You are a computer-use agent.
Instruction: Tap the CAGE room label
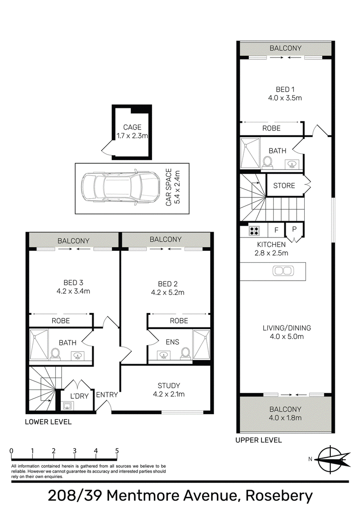132,127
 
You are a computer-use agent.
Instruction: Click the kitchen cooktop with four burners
254,230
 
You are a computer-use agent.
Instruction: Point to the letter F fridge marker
276,230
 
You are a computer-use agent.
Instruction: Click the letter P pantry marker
294,229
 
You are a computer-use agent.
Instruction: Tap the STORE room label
284,185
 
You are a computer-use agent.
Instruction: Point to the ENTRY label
107,395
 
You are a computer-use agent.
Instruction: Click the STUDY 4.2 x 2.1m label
169,390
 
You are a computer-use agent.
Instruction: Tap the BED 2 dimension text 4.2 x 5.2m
168,292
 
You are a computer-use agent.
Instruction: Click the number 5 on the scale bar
117,451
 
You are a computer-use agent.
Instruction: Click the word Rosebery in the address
279,496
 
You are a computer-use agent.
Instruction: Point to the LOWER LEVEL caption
48,422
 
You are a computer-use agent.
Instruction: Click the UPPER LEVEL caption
259,440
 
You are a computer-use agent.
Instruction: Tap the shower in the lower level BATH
39,344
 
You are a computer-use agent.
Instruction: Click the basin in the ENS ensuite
162,355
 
